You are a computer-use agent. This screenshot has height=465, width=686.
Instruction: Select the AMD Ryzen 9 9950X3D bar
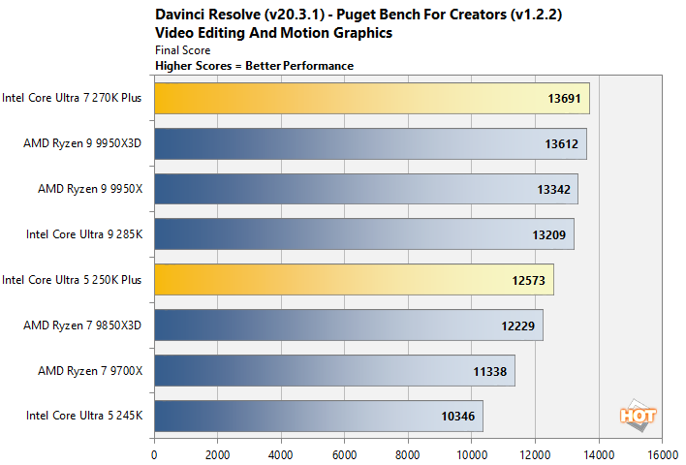pyautogui.click(x=369, y=143)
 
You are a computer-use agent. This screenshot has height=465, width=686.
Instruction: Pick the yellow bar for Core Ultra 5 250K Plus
pyautogui.click(x=354, y=279)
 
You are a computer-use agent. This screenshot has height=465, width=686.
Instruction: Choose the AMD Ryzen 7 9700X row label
pyautogui.click(x=89, y=370)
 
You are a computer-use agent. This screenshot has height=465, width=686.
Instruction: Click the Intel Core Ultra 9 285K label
pyautogui.click(x=85, y=234)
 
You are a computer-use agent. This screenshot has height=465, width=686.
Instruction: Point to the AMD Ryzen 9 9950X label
pyautogui.click(x=89, y=189)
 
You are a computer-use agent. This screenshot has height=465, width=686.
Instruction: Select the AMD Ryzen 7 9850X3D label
pyautogui.click(x=82, y=325)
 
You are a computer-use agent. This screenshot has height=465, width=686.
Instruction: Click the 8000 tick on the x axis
pyautogui.click(x=408, y=451)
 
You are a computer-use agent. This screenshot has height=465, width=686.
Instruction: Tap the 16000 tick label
pyautogui.click(x=662, y=451)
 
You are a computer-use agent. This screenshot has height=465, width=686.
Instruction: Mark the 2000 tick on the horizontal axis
pyautogui.click(x=217, y=451)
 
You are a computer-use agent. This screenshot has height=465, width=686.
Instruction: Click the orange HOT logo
pyautogui.click(x=639, y=415)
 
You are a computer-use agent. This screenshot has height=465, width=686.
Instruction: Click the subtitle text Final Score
pyautogui.click(x=182, y=49)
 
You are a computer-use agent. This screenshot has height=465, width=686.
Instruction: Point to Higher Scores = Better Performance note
pyautogui.click(x=254, y=65)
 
